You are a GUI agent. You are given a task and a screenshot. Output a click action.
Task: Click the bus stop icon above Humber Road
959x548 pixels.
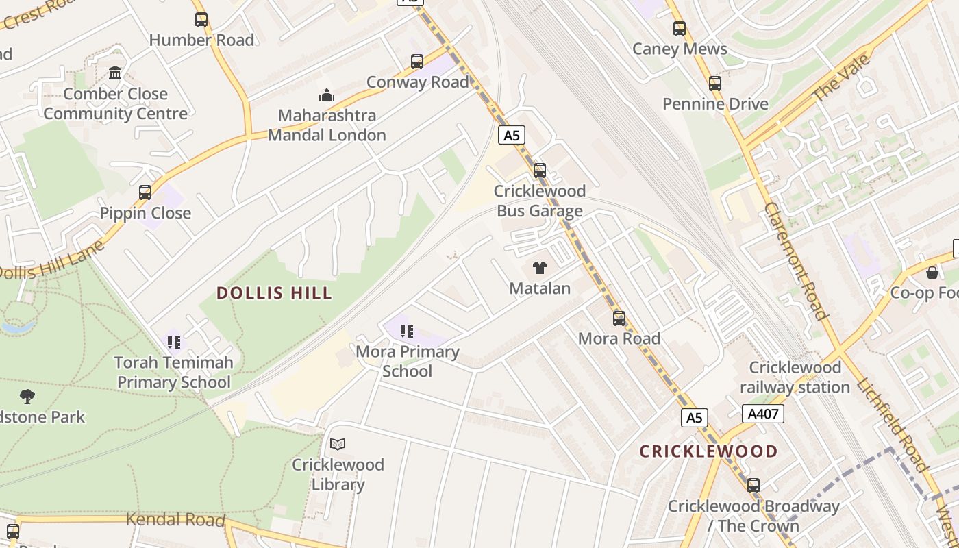201,20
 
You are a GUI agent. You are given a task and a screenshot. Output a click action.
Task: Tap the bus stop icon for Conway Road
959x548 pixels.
417,62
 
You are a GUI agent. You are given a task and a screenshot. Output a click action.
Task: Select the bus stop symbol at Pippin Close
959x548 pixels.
145,192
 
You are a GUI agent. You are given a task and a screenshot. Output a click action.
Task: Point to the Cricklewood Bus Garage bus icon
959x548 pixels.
540,171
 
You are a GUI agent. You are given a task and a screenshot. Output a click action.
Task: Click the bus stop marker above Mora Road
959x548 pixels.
619,319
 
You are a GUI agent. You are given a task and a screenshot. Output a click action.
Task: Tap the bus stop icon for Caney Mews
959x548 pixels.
680,29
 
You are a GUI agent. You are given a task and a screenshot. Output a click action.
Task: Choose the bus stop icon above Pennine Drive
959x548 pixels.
715,84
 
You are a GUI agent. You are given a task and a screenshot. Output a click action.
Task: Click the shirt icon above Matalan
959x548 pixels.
540,268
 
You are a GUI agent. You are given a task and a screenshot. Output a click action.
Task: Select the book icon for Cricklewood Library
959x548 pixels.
338,445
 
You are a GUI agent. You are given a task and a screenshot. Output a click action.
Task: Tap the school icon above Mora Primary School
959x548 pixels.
407,332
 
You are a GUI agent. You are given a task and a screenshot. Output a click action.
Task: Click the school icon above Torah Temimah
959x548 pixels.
173,342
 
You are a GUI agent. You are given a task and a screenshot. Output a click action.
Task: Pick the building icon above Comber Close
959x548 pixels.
115,73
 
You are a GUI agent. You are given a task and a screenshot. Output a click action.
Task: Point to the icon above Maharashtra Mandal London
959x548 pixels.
327,95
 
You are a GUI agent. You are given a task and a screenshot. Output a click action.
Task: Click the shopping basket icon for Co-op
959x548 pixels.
932,273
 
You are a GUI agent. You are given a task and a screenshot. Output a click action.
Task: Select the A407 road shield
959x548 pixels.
762,414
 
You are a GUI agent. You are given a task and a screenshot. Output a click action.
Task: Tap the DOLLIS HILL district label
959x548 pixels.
274,293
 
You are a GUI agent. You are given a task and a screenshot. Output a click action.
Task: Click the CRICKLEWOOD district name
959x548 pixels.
708,451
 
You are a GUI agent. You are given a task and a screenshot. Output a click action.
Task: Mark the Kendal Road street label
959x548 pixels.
175,520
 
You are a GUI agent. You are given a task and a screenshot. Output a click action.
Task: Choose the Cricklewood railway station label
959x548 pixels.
795,377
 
